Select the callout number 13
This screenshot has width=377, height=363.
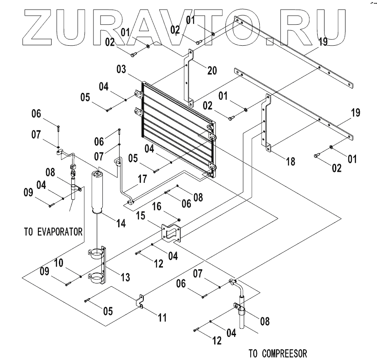[x=124, y=278]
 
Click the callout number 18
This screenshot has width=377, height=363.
[x=290, y=161]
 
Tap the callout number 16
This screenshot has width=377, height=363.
[x=169, y=206]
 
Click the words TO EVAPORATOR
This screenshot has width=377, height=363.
[x=53, y=232]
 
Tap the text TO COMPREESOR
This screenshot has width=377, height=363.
[x=278, y=353]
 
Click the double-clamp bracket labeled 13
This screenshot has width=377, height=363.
[x=102, y=265]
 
